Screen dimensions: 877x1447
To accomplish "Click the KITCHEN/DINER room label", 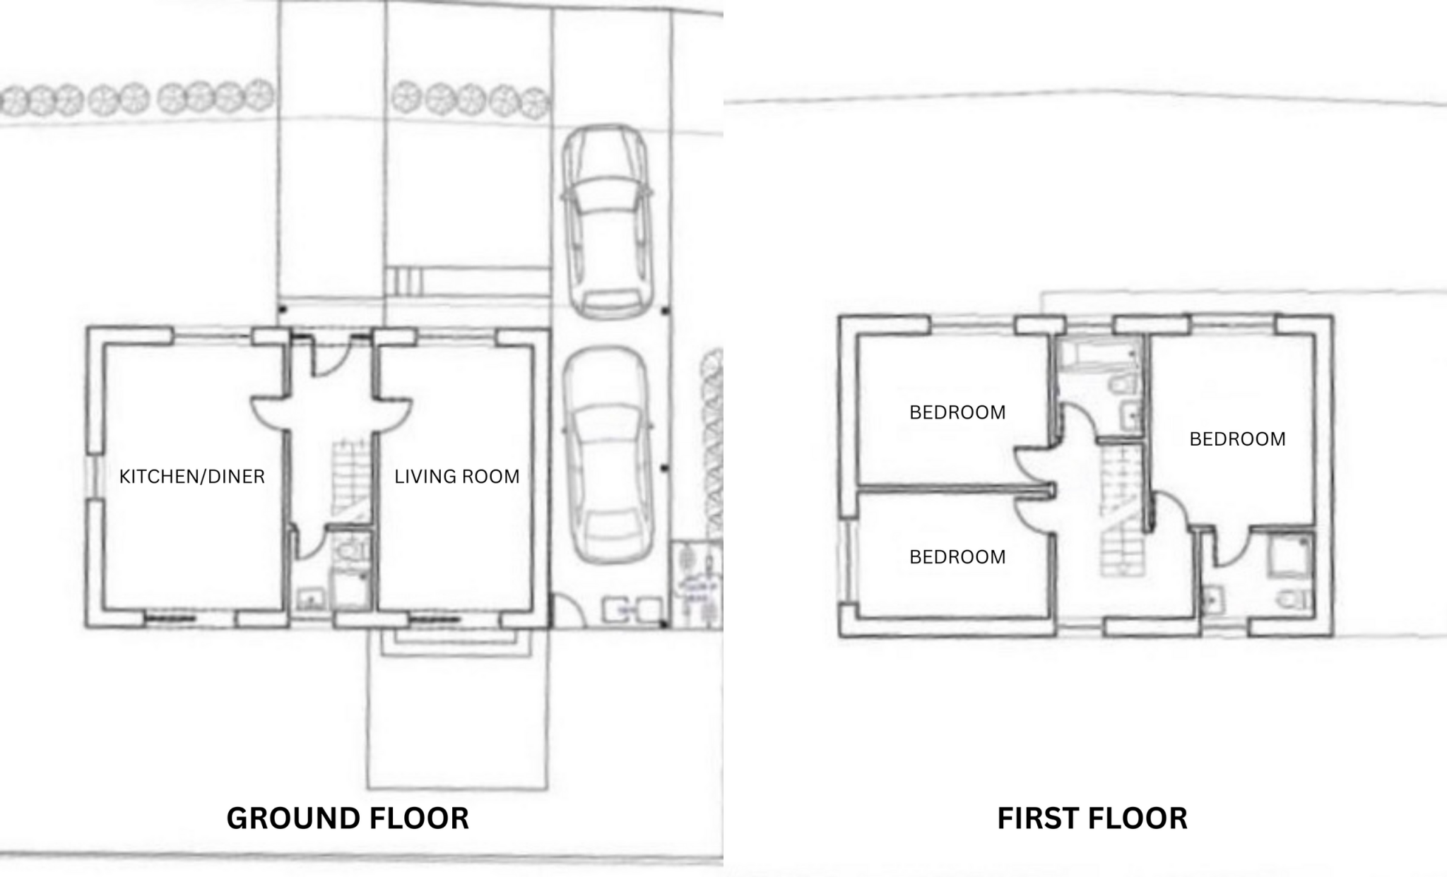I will pos(192,477).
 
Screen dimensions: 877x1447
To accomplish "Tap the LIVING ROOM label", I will pos(456,477).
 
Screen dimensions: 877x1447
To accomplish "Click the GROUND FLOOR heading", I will pos(347,818).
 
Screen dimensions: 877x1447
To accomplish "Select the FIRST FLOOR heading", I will pos(1092,818).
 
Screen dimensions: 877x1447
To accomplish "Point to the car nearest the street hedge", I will pos(606,220).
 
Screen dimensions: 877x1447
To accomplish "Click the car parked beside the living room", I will pos(606,455).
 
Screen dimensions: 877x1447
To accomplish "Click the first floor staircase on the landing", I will pos(1121,512).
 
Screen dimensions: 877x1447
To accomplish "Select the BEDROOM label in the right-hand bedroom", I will pos(1237,439).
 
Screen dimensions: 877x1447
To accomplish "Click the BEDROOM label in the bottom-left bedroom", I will pos(957,557).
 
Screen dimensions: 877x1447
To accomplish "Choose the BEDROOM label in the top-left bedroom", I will pos(957,412).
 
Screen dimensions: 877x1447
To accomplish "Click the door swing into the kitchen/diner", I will pos(268,413).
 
